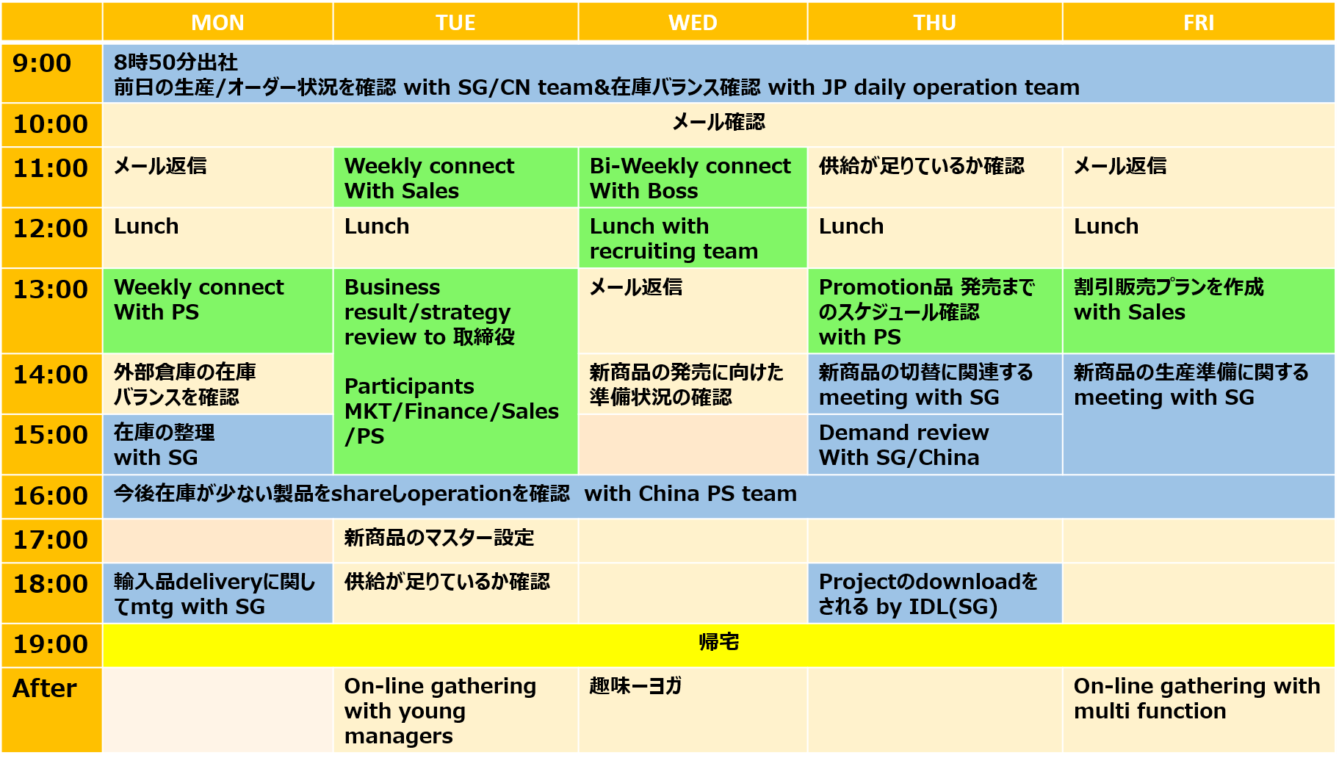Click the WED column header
pos(693,22)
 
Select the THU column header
pos(934,22)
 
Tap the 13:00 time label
pos(51,289)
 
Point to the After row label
pos(45,688)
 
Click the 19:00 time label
pos(51,644)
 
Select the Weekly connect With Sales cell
pos(455,178)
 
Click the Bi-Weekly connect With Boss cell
pos(693,178)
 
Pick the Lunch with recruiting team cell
pos(693,238)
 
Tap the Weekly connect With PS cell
pos(217,311)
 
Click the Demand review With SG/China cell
pos(934,444)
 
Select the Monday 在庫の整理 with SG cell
pos(217,444)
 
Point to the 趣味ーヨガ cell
pos(693,710)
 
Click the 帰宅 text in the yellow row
pos(718,642)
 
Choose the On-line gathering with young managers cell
pos(455,710)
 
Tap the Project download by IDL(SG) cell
pos(934,594)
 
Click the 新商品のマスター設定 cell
pos(455,541)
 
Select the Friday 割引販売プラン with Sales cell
pos(1198,311)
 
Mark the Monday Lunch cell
pos(217,238)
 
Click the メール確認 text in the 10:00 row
pos(718,122)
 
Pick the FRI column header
pos(1198,22)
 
